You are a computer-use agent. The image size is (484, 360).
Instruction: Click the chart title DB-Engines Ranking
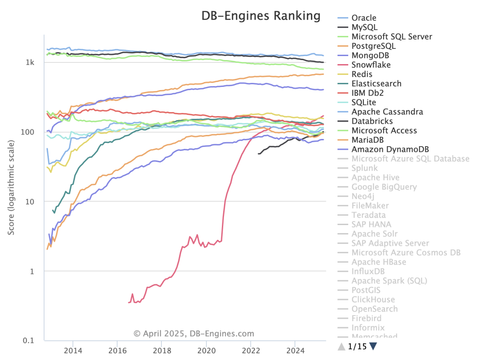coord(260,16)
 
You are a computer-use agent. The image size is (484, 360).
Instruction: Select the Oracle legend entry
coord(363,18)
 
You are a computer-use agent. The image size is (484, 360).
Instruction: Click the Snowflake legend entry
coord(371,65)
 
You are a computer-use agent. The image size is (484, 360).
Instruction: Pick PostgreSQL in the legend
coord(373,46)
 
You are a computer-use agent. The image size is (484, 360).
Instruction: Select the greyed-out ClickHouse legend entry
coord(373,299)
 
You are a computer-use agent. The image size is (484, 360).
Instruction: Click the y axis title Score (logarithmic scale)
coord(11,187)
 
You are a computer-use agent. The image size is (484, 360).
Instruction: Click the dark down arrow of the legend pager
coord(373,347)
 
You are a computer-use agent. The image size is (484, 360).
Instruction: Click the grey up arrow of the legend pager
coord(341,347)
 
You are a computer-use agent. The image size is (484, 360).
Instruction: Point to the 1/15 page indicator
coord(357,347)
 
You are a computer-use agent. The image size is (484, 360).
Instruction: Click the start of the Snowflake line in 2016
coord(129,303)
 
